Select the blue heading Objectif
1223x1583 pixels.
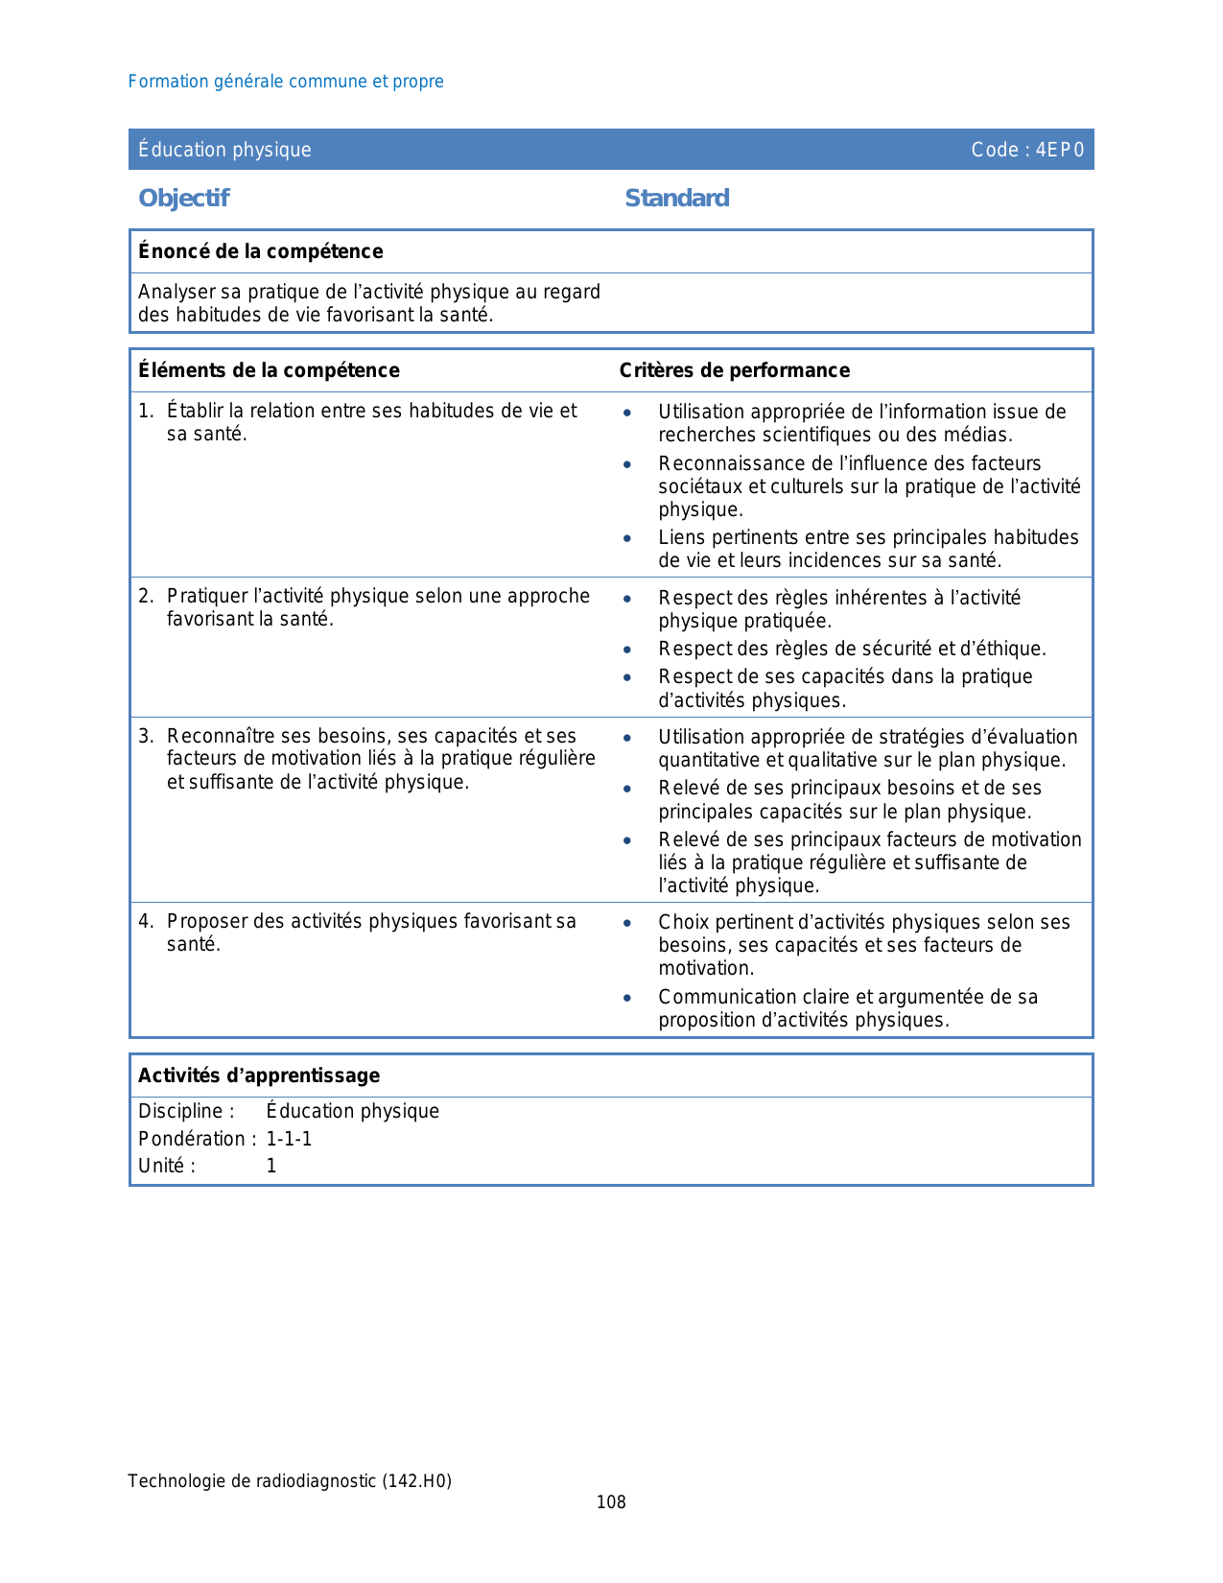(184, 199)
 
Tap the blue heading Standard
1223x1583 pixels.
(676, 199)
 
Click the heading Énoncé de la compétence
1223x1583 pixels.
(260, 251)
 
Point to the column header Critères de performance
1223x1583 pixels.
(734, 370)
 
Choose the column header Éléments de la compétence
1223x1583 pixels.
(269, 370)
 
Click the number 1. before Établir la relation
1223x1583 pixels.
(146, 412)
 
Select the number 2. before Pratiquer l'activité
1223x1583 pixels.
(146, 597)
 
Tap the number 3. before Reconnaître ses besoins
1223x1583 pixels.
(146, 737)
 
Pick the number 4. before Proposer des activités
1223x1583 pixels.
(146, 922)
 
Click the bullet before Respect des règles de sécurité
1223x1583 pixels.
(627, 650)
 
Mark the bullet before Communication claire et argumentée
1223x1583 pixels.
(627, 998)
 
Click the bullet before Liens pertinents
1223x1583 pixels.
(627, 538)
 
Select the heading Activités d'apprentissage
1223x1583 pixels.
(259, 1075)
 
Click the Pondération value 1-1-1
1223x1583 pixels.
(289, 1139)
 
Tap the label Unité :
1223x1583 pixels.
(167, 1166)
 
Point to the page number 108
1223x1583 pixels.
(611, 1502)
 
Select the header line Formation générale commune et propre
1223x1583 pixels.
(286, 82)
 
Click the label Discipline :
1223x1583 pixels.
(186, 1111)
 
